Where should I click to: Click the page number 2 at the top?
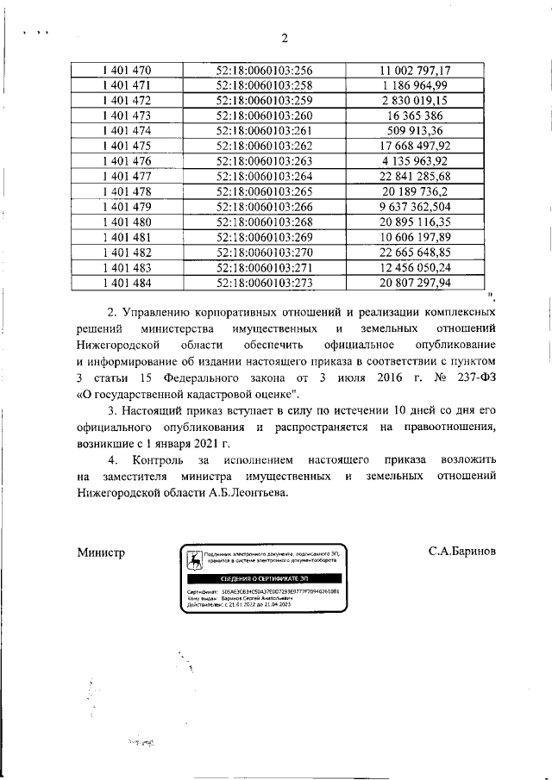(283, 37)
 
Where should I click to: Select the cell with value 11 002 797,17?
(415, 70)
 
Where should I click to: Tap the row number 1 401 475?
(126, 146)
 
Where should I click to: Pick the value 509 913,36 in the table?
(415, 130)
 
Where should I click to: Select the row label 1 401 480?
(126, 222)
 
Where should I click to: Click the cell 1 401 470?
(126, 70)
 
